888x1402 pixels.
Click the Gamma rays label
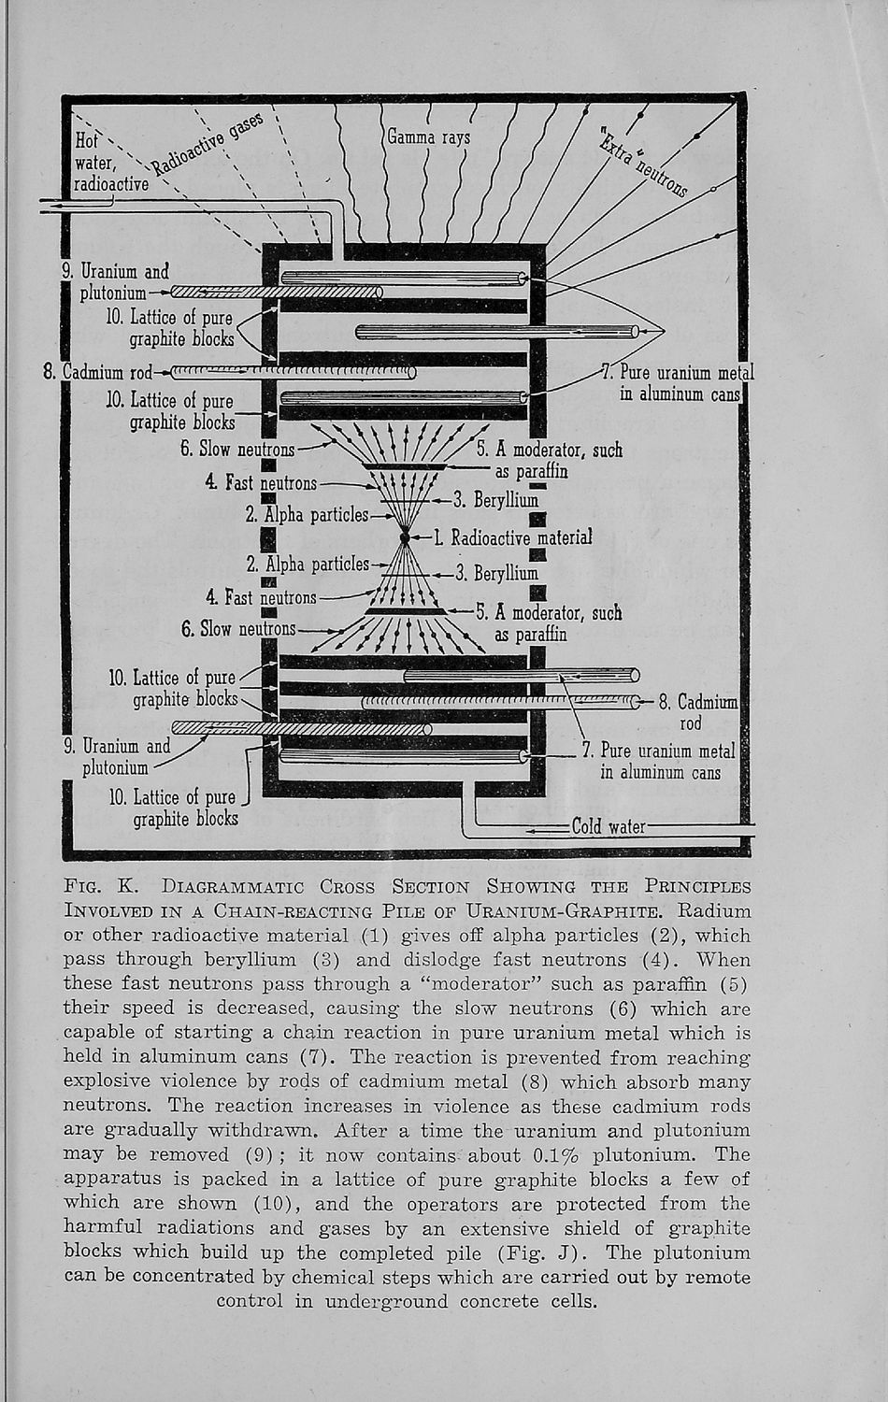(x=429, y=138)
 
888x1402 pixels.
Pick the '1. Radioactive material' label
(x=513, y=537)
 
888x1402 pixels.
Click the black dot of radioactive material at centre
(x=405, y=537)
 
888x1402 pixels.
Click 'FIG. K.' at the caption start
(x=100, y=886)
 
